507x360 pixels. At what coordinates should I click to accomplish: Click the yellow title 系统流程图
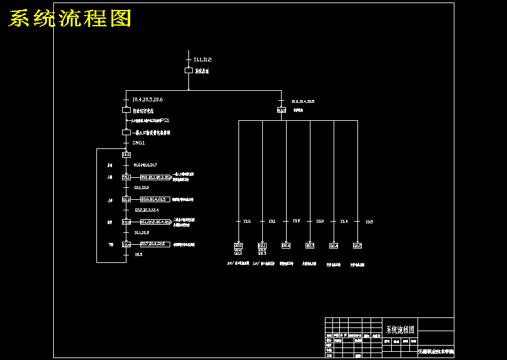pyautogui.click(x=69, y=19)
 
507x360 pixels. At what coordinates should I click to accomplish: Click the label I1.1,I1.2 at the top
pyautogui.click(x=202, y=59)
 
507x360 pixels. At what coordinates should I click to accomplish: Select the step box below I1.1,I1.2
pyautogui.click(x=188, y=71)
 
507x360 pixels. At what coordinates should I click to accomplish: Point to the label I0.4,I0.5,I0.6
pyautogui.click(x=147, y=100)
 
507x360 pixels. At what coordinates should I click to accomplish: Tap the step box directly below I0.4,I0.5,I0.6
pyautogui.click(x=126, y=110)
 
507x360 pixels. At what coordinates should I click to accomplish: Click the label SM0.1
pyautogui.click(x=138, y=143)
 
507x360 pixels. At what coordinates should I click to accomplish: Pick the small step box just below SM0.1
pyautogui.click(x=126, y=154)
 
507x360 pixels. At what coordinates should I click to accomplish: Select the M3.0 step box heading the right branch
pyautogui.click(x=282, y=110)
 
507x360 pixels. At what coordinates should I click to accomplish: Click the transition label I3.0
pyautogui.click(x=247, y=222)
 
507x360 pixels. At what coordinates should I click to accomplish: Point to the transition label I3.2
pyautogui.click(x=296, y=221)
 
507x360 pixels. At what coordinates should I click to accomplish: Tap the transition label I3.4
pyautogui.click(x=344, y=222)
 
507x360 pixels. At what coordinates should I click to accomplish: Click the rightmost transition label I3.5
pyautogui.click(x=369, y=222)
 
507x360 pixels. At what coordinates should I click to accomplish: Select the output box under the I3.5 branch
pyautogui.click(x=357, y=245)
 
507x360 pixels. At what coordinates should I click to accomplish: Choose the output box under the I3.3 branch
pyautogui.click(x=310, y=245)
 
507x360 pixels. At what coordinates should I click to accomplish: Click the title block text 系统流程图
pyautogui.click(x=400, y=329)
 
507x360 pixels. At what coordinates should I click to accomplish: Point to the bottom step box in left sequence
pyautogui.click(x=126, y=244)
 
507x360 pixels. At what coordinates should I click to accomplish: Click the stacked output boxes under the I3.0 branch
pyautogui.click(x=238, y=249)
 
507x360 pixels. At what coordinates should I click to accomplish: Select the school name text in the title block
pyautogui.click(x=436, y=352)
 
